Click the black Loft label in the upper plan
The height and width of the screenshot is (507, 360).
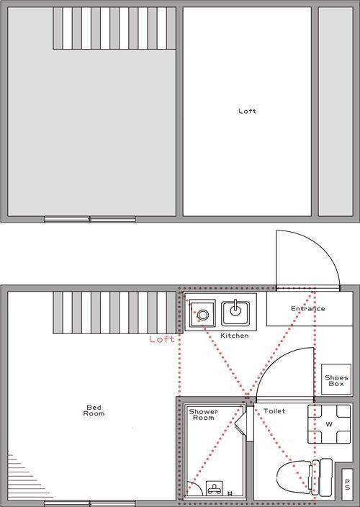point(247,111)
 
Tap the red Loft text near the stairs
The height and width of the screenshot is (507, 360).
point(161,339)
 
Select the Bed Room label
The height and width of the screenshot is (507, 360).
point(94,410)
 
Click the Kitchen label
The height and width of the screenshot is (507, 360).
point(235,336)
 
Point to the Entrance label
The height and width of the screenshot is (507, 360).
point(307,308)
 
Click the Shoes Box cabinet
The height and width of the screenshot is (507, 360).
point(336,380)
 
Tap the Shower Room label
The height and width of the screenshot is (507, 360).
point(203,415)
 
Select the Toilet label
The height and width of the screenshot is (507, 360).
point(274,411)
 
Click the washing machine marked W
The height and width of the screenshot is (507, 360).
point(329,424)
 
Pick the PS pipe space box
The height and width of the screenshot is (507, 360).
point(347,485)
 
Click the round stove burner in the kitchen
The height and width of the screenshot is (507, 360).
point(202,315)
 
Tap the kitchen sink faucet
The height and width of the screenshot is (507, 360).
point(235,308)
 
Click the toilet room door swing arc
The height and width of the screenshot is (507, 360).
point(271,362)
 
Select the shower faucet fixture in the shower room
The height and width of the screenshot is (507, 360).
point(215,488)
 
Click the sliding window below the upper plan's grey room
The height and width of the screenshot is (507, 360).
point(90,219)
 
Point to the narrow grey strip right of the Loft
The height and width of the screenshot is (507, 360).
point(336,111)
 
